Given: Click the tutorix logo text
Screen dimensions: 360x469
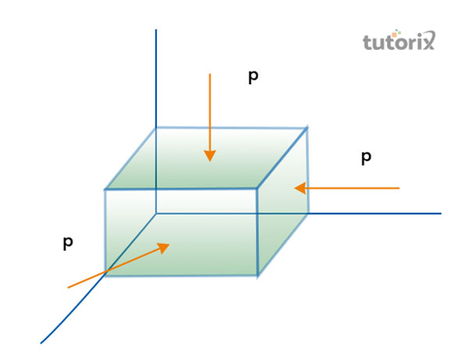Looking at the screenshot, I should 399,41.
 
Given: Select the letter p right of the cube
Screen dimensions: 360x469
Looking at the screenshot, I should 366,158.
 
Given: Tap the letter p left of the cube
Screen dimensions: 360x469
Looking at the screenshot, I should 68,243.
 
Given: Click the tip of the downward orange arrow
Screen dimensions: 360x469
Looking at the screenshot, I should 209,161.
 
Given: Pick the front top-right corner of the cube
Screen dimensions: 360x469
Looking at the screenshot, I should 258,188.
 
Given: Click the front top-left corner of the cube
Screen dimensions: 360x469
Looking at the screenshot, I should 106,189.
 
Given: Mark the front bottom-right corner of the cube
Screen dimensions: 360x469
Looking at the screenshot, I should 258,275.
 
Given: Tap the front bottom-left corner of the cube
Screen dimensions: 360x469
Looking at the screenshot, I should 106,276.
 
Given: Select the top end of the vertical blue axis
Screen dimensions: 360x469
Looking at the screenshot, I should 156,30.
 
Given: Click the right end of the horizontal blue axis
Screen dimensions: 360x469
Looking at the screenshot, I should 441,212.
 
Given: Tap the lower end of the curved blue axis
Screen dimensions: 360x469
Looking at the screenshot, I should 41,342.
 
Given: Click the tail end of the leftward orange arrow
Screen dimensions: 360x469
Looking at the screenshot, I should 399,188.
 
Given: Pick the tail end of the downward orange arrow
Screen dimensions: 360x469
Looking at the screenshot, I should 209,73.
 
